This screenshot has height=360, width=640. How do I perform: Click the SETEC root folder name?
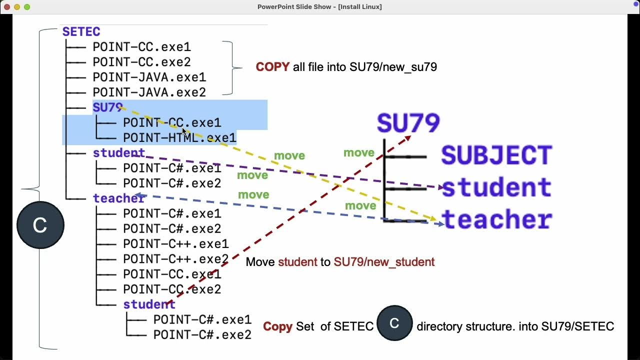coord(81,32)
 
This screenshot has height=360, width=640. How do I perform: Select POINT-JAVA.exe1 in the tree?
coord(149,77)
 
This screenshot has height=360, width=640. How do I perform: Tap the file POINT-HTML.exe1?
coord(179,138)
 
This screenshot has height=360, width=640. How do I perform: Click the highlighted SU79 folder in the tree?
coord(107,108)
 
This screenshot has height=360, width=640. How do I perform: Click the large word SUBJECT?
coord(496,155)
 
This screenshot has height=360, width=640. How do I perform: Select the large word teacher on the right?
coord(496,220)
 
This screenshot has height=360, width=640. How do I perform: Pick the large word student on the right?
coord(496,188)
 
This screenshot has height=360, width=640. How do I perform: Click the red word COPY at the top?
coord(272,67)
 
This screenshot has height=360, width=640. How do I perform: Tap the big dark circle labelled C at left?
coord(40,225)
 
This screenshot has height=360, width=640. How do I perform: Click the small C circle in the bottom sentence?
coord(394,323)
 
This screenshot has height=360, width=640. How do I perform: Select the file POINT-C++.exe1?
coord(175,244)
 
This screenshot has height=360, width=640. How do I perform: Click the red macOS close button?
coord(7,7)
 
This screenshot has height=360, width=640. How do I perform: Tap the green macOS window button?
coord(27,7)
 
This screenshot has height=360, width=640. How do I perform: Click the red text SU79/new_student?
coord(384,262)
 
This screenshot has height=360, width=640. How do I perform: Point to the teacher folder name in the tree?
coord(119,198)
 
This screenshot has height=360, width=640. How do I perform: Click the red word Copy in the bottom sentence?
coord(277,326)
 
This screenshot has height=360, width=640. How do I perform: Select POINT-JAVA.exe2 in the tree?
coord(149,92)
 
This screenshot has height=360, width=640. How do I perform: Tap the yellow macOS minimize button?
coord(17,7)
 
